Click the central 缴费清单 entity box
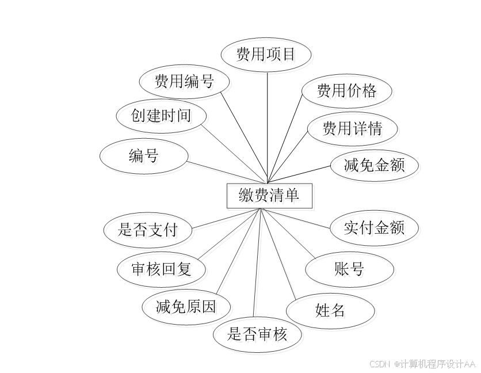(x=269, y=196)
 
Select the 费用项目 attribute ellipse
(x=266, y=55)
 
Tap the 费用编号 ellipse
(x=184, y=81)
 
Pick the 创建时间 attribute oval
(x=161, y=116)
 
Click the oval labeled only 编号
(x=144, y=155)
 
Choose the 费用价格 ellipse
(x=346, y=90)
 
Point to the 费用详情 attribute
(x=352, y=128)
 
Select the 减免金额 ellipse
(x=374, y=166)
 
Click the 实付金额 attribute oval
(x=374, y=227)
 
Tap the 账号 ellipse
(x=349, y=269)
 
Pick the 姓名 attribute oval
(x=330, y=311)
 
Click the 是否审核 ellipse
(x=257, y=334)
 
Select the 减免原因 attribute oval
(x=186, y=306)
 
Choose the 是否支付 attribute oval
(x=148, y=230)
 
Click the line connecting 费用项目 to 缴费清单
(x=268, y=127)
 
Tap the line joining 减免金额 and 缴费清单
(x=299, y=175)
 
